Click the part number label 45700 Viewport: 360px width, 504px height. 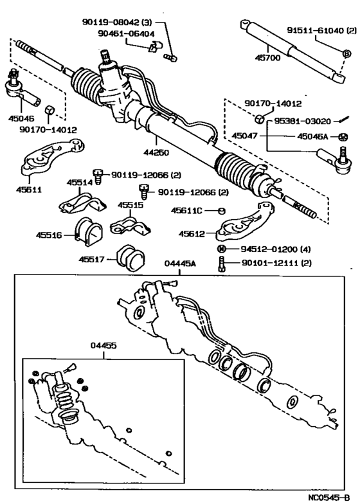[x=267, y=58]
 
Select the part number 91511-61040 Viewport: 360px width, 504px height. [x=316, y=30]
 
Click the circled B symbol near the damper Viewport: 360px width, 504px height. [x=346, y=54]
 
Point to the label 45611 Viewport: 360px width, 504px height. [x=29, y=190]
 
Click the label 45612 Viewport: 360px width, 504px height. [x=192, y=234]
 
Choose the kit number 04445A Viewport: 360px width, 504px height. [x=180, y=264]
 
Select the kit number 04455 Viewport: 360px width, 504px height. [x=104, y=346]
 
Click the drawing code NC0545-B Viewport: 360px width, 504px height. [x=329, y=498]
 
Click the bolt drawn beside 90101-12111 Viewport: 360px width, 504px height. [x=221, y=264]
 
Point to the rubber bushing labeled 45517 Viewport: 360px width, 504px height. [x=130, y=258]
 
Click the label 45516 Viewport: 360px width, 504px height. [x=49, y=235]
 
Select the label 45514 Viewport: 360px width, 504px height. [x=80, y=183]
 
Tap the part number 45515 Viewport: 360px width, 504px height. [x=130, y=205]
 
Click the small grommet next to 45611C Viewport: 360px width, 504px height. [x=222, y=211]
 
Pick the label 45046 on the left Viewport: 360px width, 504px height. [x=21, y=118]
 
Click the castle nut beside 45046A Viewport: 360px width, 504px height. [x=343, y=137]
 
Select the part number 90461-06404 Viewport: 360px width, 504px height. [x=126, y=33]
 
